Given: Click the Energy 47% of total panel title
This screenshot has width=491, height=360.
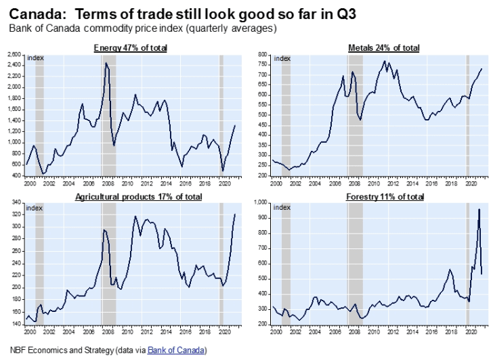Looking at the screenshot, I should tap(131, 47).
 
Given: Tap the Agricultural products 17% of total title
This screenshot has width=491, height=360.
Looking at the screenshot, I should tap(131, 196).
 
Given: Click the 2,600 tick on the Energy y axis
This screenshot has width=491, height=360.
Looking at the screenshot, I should tap(13, 54).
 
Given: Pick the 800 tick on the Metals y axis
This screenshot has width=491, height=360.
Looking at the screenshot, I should tap(261, 54).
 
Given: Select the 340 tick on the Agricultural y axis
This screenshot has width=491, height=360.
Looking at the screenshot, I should tap(16, 202).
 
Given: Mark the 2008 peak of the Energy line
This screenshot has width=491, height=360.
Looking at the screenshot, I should tap(106, 63).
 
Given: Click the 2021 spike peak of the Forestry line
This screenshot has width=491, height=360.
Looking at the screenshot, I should tap(479, 209).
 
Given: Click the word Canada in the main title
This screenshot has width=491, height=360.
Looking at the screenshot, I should tap(33, 14).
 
